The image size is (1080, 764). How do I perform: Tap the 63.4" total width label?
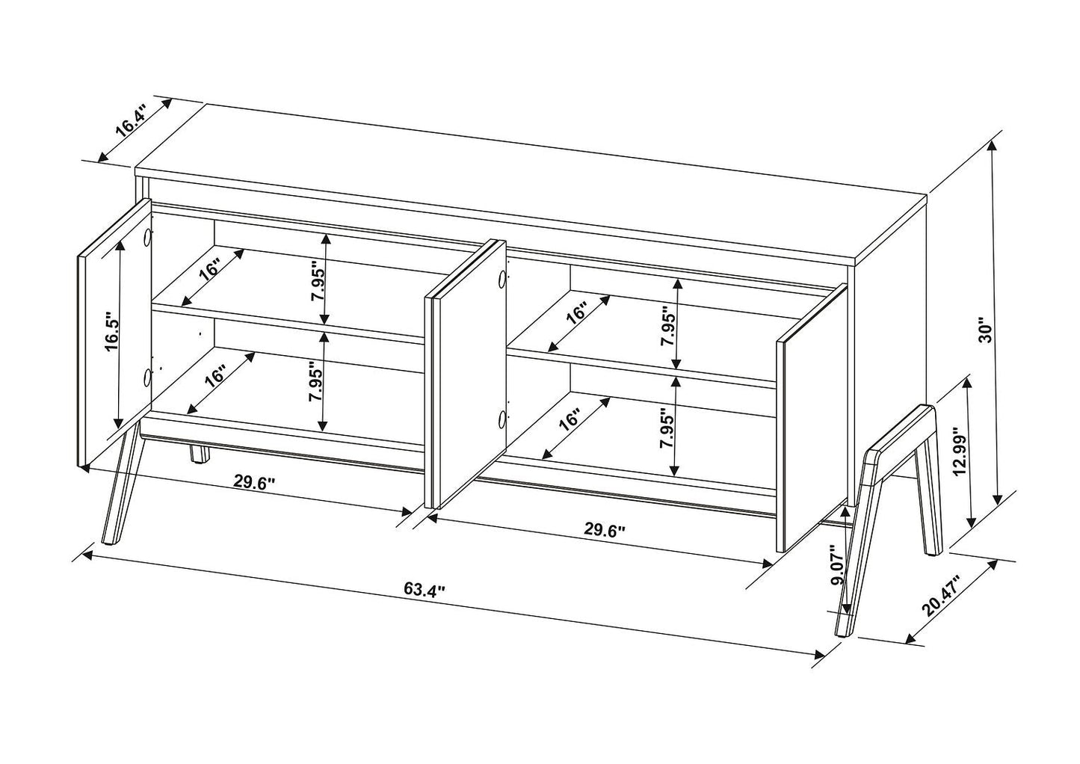425,589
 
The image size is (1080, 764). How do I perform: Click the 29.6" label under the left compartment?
254,482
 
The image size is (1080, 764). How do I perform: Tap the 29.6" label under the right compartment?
604,531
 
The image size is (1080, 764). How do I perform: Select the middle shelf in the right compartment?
643,365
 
